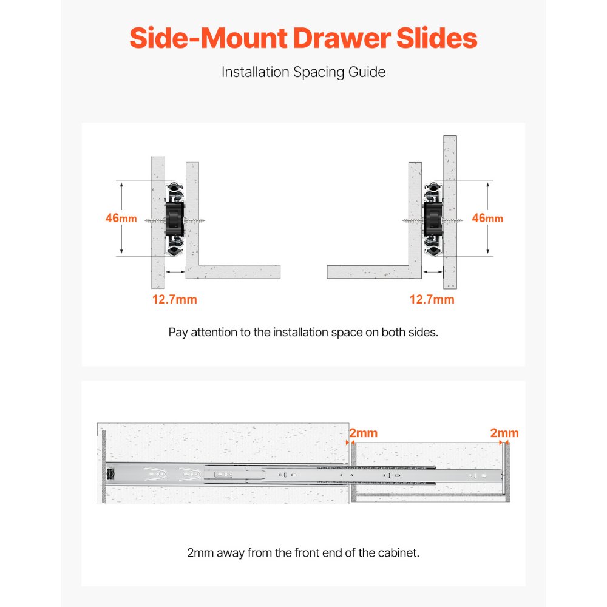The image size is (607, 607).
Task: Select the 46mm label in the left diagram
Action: [x=121, y=219]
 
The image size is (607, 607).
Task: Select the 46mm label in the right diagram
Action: [x=487, y=219]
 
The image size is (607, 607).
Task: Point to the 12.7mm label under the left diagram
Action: [x=174, y=299]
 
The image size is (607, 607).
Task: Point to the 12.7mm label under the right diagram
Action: [x=432, y=299]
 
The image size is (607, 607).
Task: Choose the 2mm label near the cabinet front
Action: [x=363, y=433]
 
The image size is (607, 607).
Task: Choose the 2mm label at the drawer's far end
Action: [x=504, y=433]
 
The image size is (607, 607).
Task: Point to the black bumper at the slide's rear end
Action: [x=110, y=473]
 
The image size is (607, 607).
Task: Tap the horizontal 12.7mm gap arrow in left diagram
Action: [x=175, y=272]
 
